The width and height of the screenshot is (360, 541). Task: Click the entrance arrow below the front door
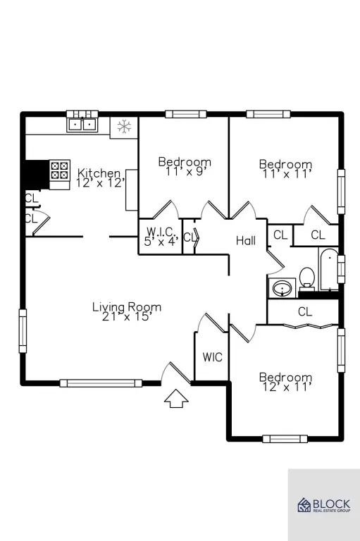click(176, 399)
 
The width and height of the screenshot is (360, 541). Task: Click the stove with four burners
click(59, 170)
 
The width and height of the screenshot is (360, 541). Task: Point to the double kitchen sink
click(82, 124)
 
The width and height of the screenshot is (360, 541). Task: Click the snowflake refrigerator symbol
click(124, 127)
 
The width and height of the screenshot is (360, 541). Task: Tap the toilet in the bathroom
click(306, 278)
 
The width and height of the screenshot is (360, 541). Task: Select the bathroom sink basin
click(282, 287)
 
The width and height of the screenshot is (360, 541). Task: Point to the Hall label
click(246, 240)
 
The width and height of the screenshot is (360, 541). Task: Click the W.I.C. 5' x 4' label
click(161, 237)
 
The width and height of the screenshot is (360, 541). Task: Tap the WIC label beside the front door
click(212, 357)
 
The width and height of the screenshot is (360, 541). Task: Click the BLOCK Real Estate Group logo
click(324, 505)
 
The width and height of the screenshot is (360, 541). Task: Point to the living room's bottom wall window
click(101, 383)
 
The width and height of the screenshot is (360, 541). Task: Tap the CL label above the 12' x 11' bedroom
click(305, 311)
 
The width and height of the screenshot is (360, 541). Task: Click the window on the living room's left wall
click(23, 331)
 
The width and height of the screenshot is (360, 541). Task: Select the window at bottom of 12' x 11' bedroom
click(285, 439)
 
